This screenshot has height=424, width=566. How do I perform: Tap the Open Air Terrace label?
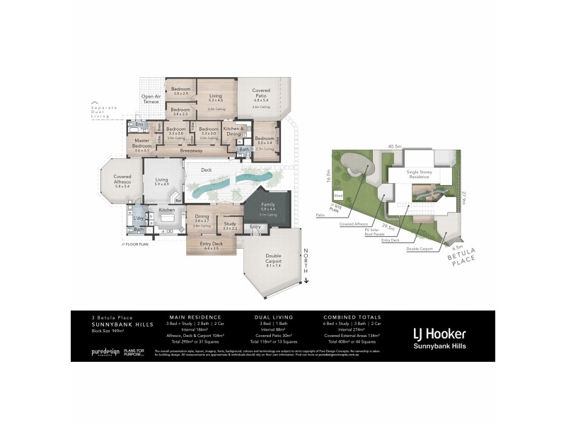[x=151, y=99]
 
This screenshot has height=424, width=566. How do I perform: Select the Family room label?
[x=267, y=206]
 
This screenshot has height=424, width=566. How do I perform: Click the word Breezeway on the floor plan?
[x=191, y=151]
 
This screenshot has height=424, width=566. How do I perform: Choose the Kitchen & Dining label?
[x=233, y=131]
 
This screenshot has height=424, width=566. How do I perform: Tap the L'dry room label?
[x=139, y=218]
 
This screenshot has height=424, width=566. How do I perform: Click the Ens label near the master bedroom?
[x=139, y=124]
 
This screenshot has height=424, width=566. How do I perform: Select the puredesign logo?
[x=105, y=351]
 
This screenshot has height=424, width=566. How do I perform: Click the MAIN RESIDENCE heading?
[x=195, y=317]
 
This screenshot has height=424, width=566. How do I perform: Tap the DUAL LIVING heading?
[x=273, y=317]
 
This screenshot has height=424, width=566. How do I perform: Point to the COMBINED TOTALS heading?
[x=352, y=317]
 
